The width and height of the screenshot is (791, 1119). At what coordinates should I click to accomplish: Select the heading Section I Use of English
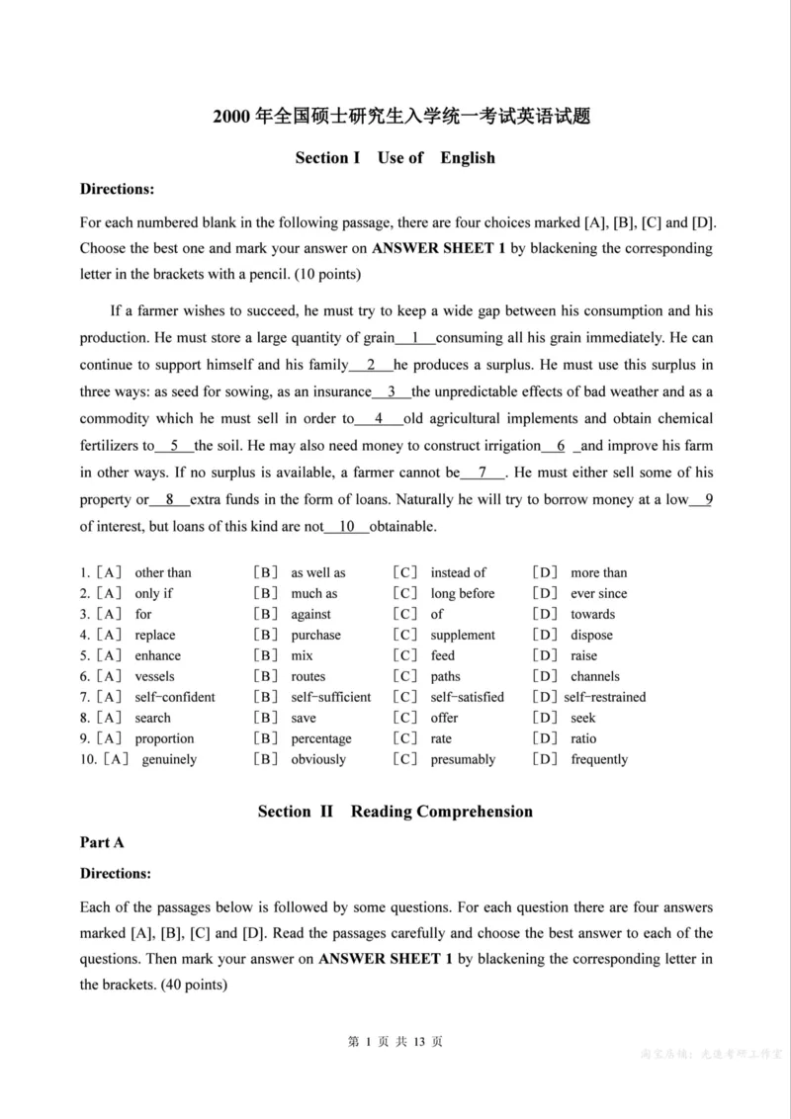(x=395, y=158)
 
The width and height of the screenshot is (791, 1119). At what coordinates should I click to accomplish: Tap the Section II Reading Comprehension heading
(x=395, y=812)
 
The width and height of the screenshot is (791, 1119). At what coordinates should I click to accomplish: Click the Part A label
(x=102, y=842)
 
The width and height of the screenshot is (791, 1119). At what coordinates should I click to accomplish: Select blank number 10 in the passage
(x=347, y=527)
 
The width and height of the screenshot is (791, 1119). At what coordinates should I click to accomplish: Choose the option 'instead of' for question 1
(x=458, y=572)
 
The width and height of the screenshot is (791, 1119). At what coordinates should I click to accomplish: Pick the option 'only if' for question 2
(x=154, y=593)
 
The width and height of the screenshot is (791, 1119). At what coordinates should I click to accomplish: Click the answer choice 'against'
(x=310, y=614)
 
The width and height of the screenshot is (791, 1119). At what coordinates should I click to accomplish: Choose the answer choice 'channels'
(x=595, y=676)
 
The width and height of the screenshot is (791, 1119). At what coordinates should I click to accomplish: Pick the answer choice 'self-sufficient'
(x=331, y=697)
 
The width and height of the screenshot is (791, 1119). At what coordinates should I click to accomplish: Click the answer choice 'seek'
(x=583, y=718)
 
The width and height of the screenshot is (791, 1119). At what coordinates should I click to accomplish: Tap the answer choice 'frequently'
(x=599, y=759)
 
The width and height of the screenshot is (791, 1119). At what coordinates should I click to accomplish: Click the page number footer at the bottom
(x=395, y=1041)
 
